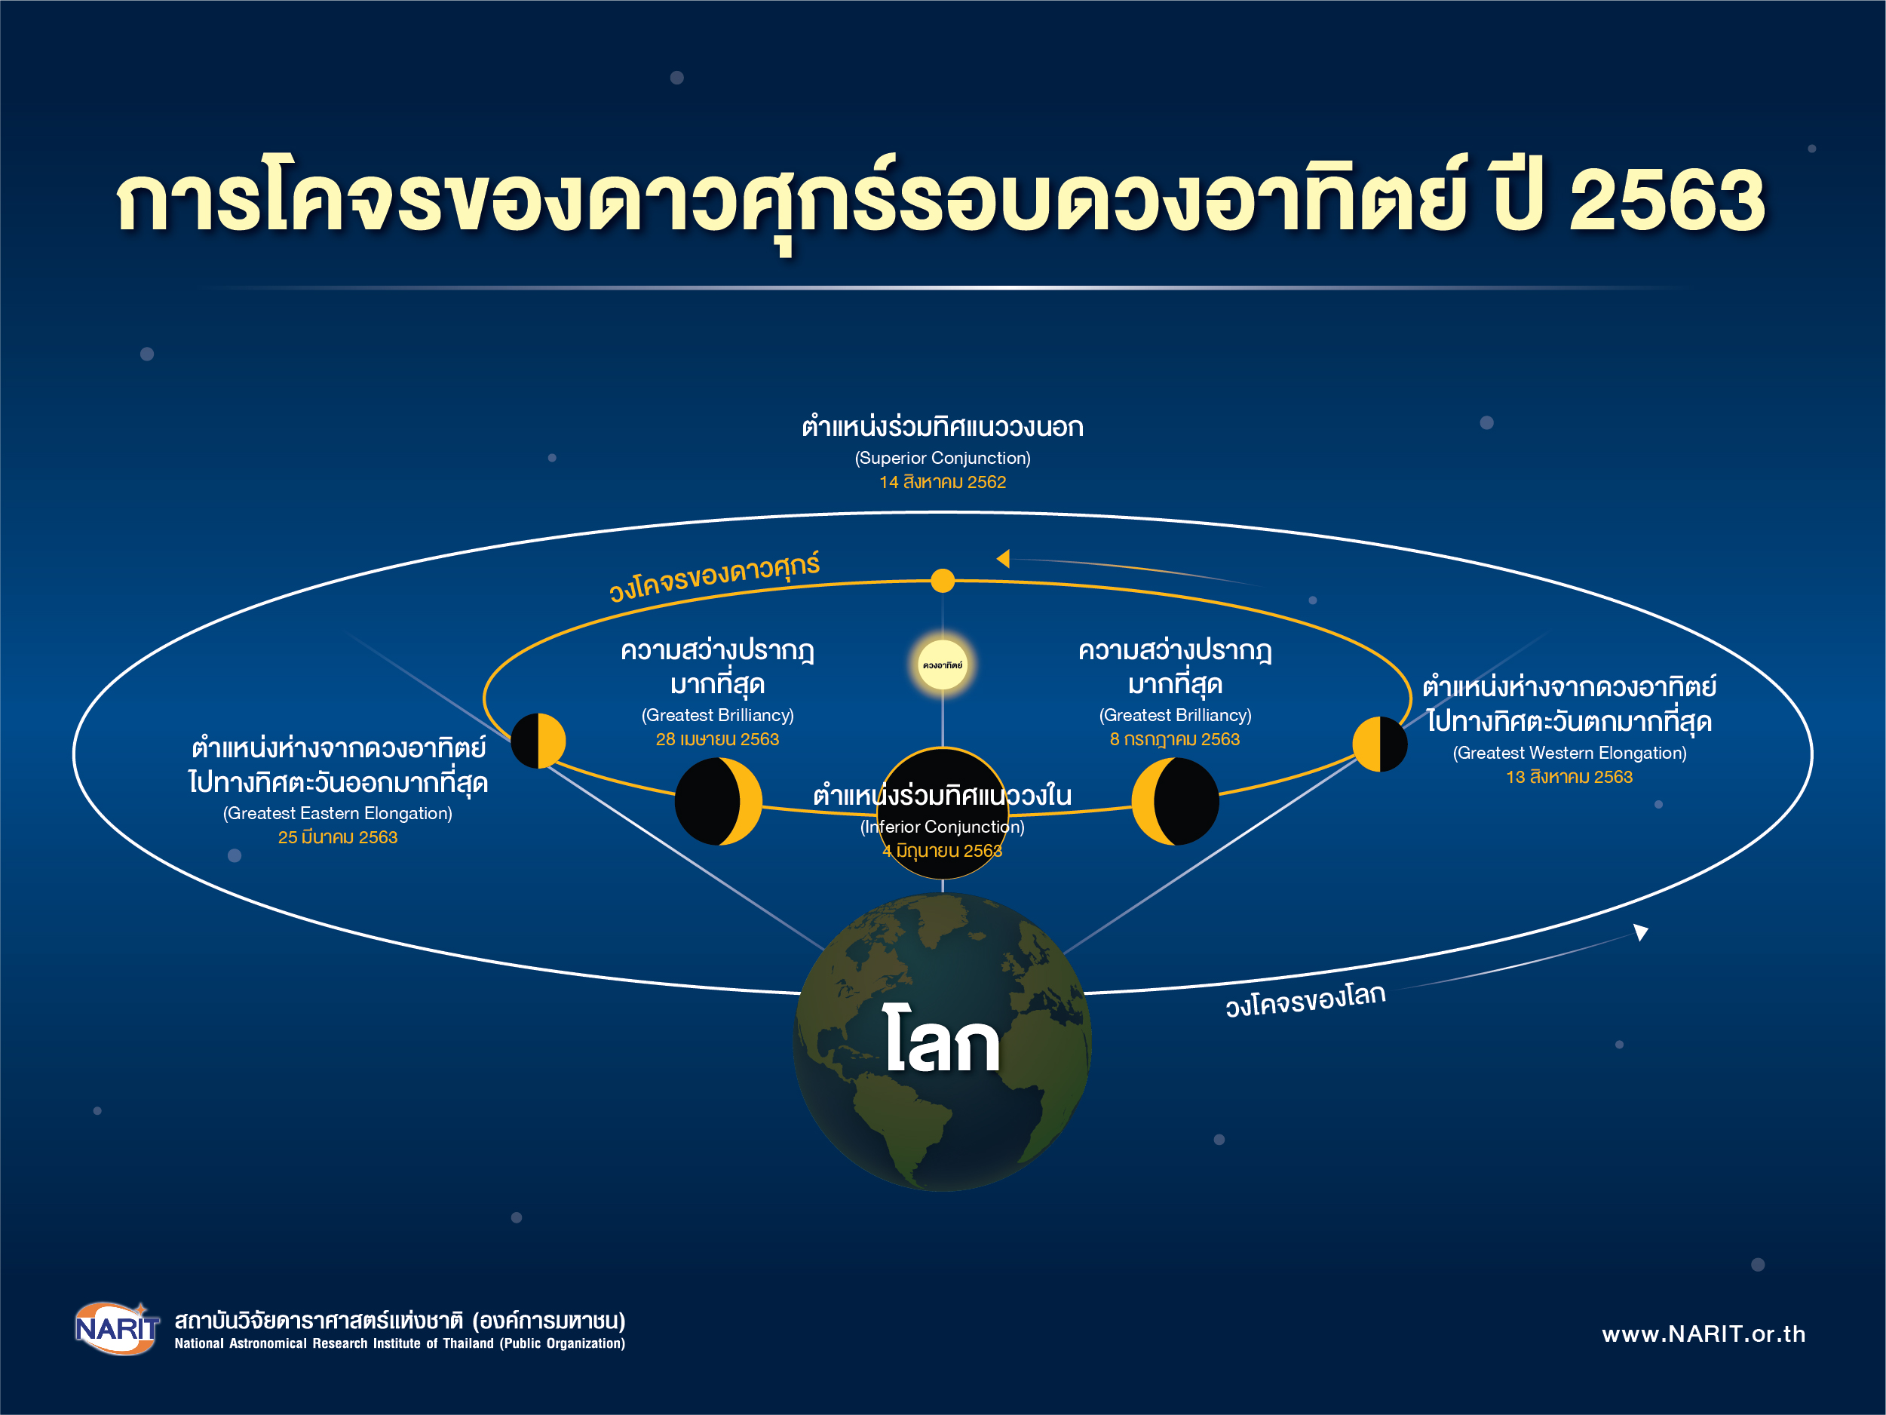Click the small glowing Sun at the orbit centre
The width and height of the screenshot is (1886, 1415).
click(x=942, y=665)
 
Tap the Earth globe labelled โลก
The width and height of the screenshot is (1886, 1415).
click(x=942, y=1042)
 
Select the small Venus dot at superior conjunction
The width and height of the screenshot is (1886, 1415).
click(x=942, y=581)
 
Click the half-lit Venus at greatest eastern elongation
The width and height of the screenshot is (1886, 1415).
click(x=538, y=741)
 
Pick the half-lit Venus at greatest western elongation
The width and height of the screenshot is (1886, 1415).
click(x=1379, y=744)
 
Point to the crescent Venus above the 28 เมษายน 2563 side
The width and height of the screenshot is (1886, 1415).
click(x=718, y=801)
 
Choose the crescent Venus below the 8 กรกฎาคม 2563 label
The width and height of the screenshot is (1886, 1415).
click(x=1175, y=801)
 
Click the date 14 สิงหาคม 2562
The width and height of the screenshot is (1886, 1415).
click(x=942, y=482)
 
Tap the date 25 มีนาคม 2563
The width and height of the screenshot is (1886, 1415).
click(x=338, y=837)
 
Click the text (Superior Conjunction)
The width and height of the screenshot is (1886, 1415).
click(x=942, y=458)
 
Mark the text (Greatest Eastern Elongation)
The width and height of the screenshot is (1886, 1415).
click(x=338, y=814)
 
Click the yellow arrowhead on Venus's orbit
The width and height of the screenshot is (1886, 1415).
click(x=1004, y=559)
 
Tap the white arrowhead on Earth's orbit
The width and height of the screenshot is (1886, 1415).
click(x=1640, y=932)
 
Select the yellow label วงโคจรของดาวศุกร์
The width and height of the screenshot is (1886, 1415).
click(x=714, y=576)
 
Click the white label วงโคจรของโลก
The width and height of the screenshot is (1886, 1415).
click(x=1305, y=999)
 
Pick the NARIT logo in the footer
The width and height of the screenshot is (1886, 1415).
click(x=117, y=1328)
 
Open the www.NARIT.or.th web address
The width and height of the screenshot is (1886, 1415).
click(x=1704, y=1334)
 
